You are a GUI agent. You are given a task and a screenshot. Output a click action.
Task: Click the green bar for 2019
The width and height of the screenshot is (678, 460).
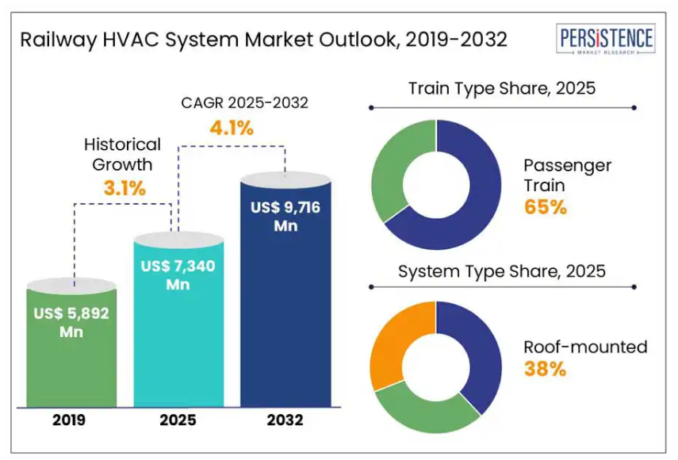71,365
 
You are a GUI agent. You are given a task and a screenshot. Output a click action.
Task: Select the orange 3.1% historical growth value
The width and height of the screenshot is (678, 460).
124,188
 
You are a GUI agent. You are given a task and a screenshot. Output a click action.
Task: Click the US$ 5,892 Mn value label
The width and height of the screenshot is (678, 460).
71,322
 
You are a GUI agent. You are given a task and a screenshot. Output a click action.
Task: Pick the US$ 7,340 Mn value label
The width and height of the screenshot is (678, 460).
178,275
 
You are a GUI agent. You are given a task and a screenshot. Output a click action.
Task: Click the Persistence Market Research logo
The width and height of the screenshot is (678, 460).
607,40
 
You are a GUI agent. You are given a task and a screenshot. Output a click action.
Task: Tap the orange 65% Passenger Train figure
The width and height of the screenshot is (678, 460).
545,208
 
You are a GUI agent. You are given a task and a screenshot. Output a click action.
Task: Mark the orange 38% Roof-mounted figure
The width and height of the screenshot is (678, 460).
545,369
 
